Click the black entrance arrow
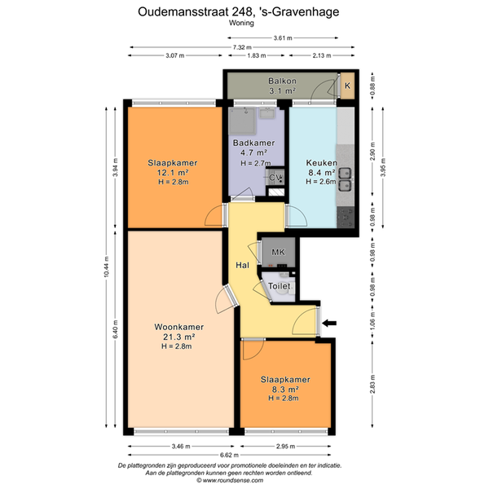tap(329, 323)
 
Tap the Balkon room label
tap(282, 81)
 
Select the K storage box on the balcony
tap(347, 86)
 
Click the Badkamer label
tap(253, 143)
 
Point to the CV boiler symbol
tap(275, 178)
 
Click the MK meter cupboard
tap(278, 252)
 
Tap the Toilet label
tap(279, 286)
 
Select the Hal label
tap(242, 265)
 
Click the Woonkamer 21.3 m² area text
tap(179, 337)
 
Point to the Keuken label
tap(322, 163)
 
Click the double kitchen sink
tap(345, 179)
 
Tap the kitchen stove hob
tap(346, 218)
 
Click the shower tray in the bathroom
tap(242, 121)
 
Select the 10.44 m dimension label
tap(106, 267)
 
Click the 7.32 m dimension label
tap(242, 47)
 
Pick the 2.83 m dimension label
tap(372, 384)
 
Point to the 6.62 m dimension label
tap(229, 455)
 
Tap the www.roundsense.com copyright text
tap(230, 481)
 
